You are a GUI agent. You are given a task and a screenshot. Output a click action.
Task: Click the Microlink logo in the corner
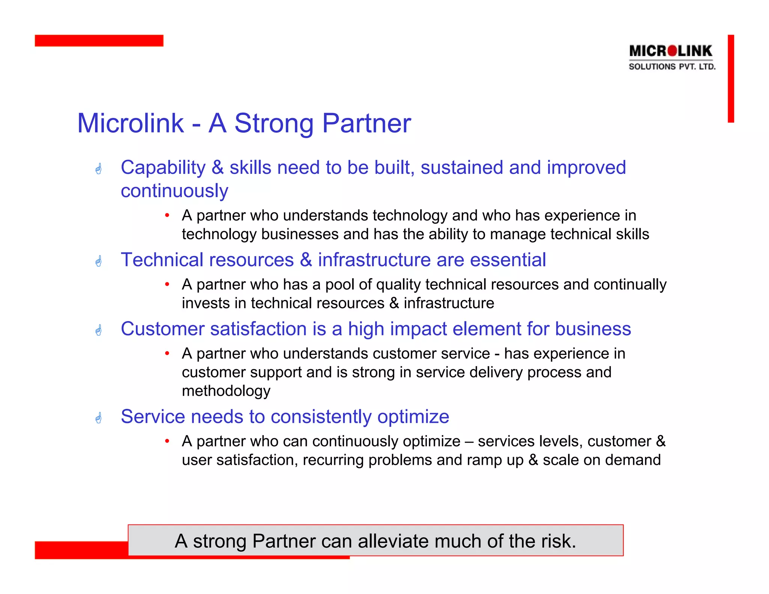[672, 57]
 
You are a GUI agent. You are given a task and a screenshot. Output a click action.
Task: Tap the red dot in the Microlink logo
[672, 51]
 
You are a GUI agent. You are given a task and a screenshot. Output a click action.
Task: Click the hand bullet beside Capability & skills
[99, 169]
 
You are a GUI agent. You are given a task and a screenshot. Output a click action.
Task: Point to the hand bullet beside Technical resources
[99, 261]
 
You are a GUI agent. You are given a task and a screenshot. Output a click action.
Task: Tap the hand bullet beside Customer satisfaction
[99, 330]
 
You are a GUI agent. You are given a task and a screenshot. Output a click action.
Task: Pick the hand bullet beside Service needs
[99, 418]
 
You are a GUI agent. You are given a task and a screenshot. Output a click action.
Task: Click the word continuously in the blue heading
[174, 191]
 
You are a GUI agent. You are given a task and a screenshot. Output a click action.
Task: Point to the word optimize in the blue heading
[413, 417]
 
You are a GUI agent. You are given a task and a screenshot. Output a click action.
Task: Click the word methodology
[226, 391]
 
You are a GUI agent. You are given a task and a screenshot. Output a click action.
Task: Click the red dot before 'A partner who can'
[167, 441]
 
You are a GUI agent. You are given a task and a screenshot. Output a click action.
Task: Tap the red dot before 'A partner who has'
[167, 284]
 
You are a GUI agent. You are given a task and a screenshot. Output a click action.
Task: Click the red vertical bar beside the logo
[730, 78]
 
